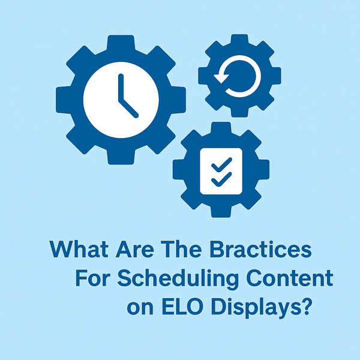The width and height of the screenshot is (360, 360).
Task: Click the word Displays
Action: [253, 309]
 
